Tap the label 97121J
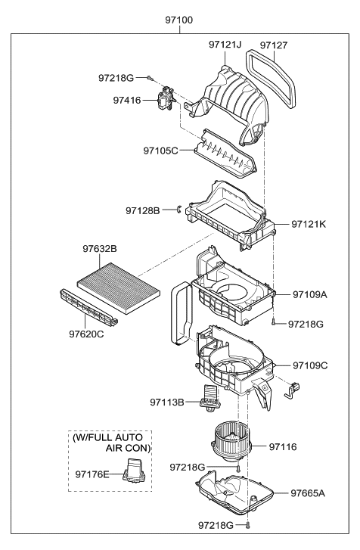coord(225,45)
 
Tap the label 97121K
coord(309,225)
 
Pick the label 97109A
coord(309,295)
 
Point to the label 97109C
coord(309,366)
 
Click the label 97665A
coord(308,493)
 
